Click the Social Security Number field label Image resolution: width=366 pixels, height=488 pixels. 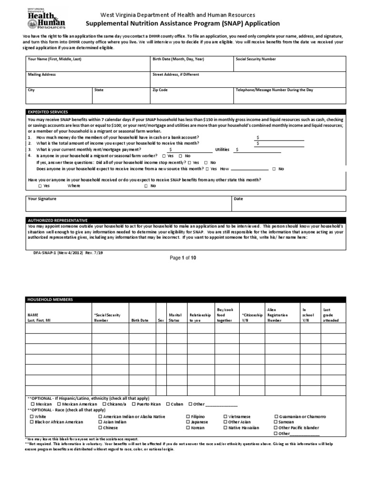click(x=255, y=59)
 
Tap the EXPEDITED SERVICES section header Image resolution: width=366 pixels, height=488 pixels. click(x=48, y=112)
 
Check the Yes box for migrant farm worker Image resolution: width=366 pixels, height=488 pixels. click(x=164, y=156)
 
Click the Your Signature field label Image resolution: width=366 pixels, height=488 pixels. click(x=42, y=198)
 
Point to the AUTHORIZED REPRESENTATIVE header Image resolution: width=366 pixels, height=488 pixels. click(x=58, y=220)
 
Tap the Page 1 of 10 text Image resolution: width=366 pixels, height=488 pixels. click(x=183, y=258)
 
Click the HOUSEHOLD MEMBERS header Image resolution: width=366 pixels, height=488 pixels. click(x=50, y=299)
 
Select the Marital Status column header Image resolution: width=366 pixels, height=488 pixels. click(x=175, y=318)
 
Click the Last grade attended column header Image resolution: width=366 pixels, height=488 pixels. click(x=330, y=315)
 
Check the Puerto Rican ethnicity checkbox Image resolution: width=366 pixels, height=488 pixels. click(x=133, y=404)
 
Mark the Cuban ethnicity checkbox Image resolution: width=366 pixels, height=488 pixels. click(x=168, y=404)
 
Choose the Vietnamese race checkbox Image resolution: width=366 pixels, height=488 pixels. click(x=225, y=417)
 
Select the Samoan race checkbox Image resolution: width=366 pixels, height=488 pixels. click(x=275, y=422)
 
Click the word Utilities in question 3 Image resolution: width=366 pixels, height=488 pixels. click(x=223, y=149)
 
